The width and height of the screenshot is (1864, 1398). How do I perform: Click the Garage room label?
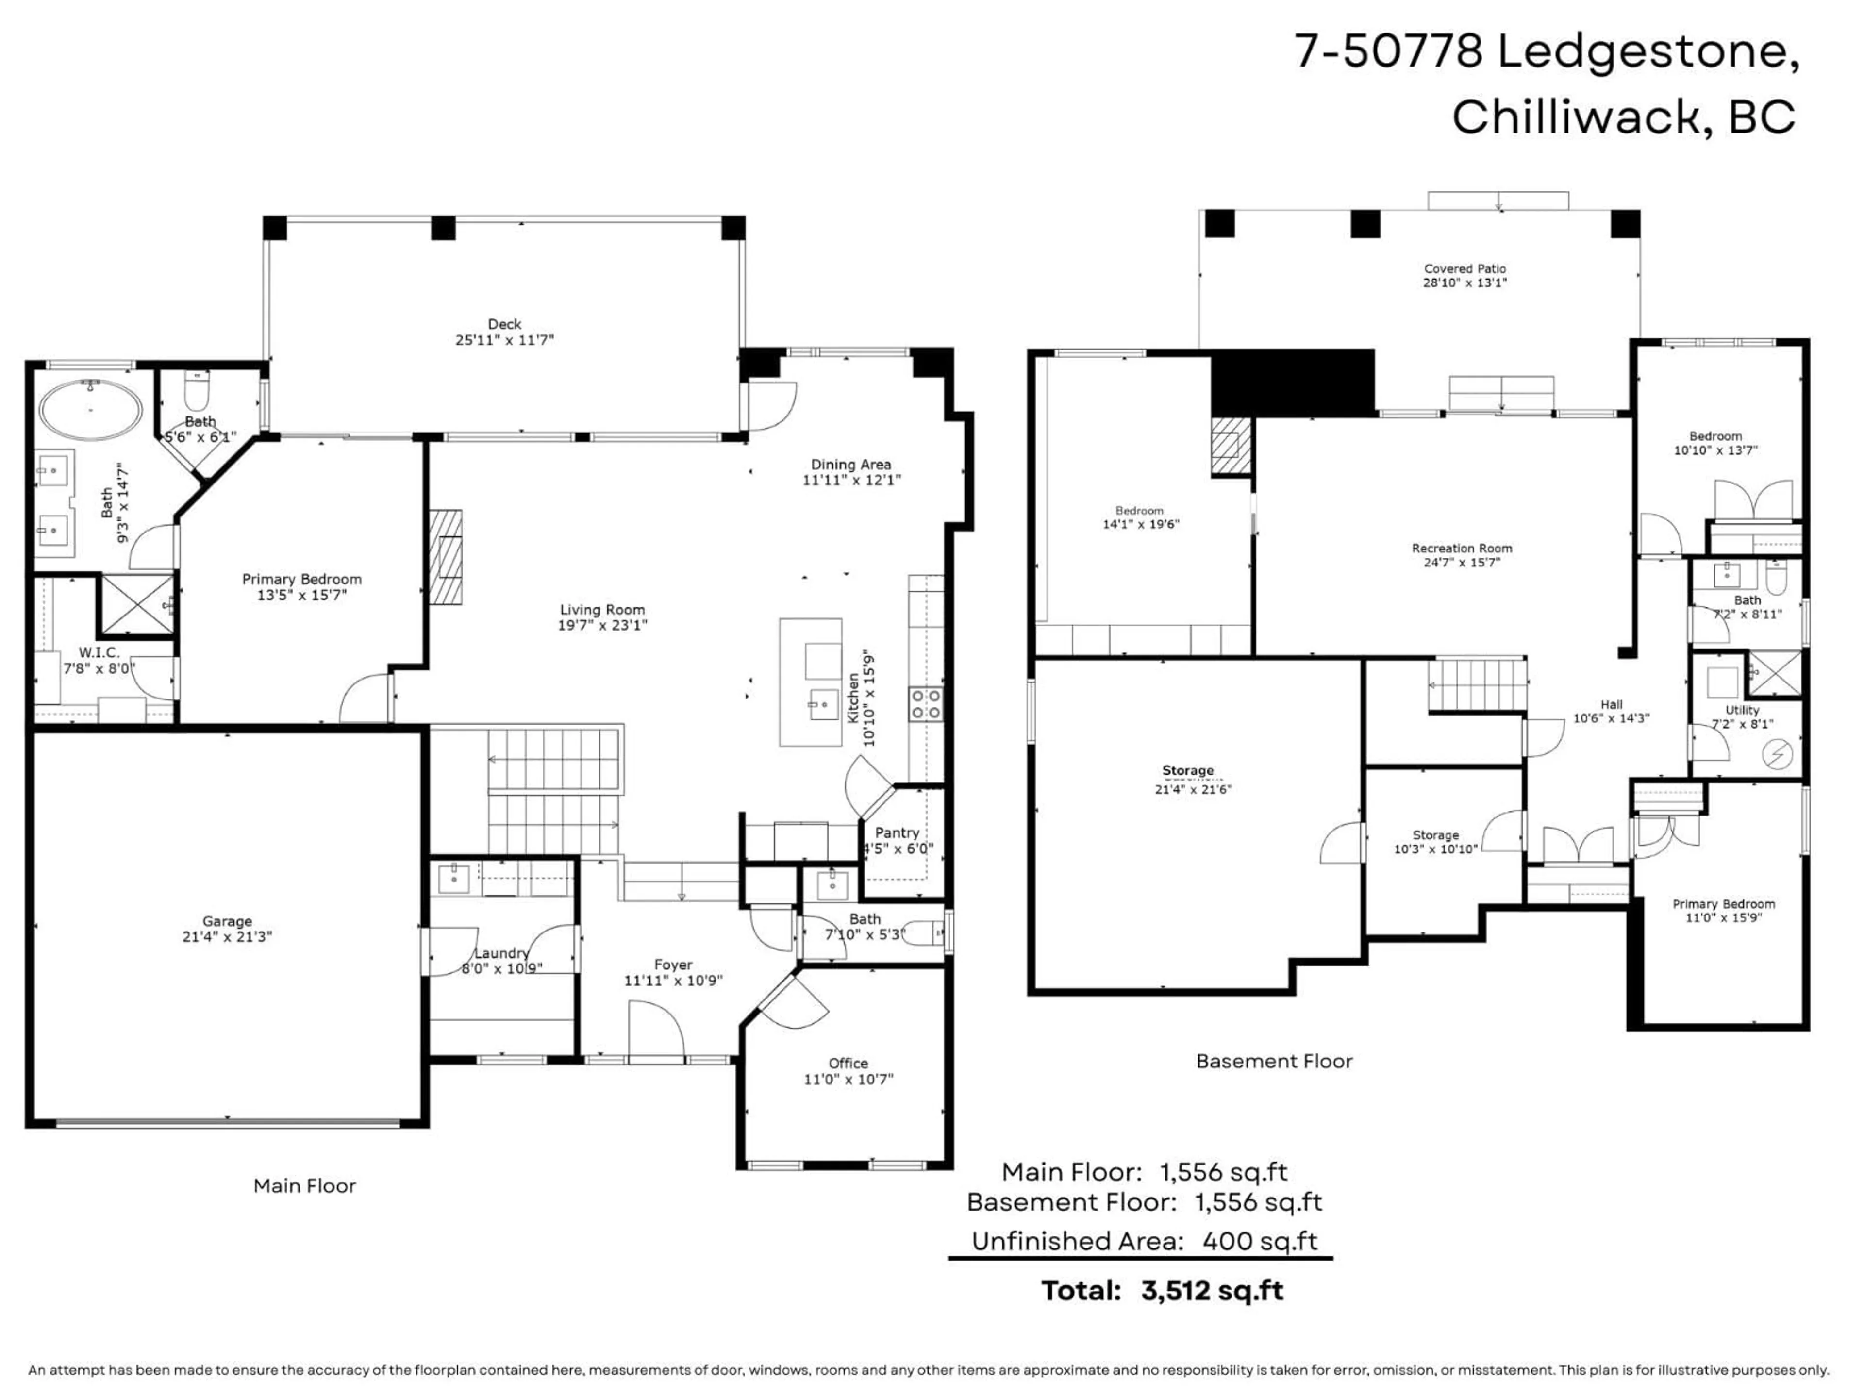[x=227, y=921]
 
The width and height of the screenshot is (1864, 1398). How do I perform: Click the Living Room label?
[x=601, y=609]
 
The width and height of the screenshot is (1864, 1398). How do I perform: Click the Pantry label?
[x=897, y=832]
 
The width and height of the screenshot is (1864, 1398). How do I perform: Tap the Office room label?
[x=848, y=1064]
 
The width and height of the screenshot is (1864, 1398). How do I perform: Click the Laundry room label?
[x=501, y=953]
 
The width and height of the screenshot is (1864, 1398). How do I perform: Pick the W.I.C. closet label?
[x=100, y=653]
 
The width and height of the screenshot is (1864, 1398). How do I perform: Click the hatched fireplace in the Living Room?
[x=446, y=556]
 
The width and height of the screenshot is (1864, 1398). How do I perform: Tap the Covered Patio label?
[x=1465, y=269]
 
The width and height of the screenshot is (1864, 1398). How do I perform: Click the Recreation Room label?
[x=1462, y=549]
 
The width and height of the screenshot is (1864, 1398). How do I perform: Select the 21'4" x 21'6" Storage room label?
[x=1192, y=790]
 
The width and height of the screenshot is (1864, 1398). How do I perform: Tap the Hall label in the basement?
[x=1611, y=704]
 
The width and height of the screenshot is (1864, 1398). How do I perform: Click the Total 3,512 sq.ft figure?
[x=1212, y=1291]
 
